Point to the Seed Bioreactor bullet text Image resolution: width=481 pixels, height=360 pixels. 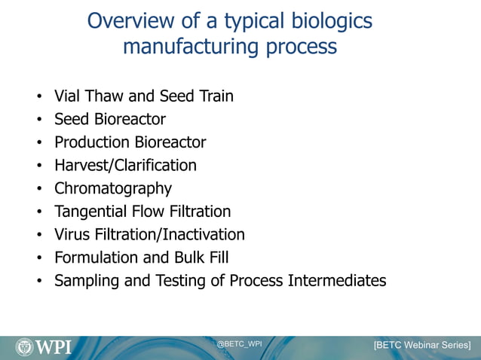pos(109,119)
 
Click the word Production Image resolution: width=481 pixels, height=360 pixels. pos(92,142)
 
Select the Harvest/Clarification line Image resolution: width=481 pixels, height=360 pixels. pos(125,165)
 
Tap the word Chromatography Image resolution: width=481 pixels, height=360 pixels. pos(112,188)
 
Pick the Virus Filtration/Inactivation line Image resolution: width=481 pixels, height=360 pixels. pos(149,235)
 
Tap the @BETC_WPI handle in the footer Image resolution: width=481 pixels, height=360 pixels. pos(239,343)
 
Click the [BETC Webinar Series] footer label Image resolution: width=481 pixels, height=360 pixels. pos(422,345)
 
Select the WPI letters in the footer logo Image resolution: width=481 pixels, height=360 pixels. pos(54,346)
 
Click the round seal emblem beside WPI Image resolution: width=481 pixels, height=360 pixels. pos(24,346)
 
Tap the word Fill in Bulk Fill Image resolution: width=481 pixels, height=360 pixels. pos(217,258)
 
